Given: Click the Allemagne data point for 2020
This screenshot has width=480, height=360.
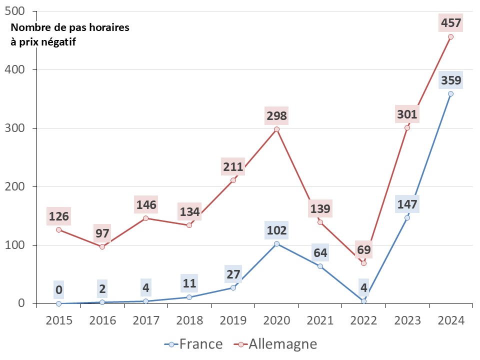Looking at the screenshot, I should (x=276, y=129).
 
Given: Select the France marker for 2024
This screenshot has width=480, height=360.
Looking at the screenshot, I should (x=450, y=93).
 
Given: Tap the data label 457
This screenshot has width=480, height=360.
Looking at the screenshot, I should (x=450, y=22).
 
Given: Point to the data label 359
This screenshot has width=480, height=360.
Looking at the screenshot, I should (x=450, y=80).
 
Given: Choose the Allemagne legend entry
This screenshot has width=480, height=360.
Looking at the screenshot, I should (x=275, y=344).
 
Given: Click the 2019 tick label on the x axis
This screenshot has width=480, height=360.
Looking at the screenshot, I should (x=233, y=320).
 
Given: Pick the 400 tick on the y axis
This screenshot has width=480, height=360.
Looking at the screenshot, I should (x=20, y=69).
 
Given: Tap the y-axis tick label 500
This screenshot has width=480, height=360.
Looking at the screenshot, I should (x=20, y=11).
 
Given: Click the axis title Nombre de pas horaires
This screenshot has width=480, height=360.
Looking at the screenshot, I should (x=69, y=27).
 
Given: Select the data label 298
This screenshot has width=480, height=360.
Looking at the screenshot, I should (x=276, y=116).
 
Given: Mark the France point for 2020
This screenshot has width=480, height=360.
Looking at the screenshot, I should (x=276, y=243).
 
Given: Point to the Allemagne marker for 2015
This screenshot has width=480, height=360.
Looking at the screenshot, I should (x=59, y=229).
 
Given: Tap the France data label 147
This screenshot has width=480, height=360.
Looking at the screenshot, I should (x=407, y=204).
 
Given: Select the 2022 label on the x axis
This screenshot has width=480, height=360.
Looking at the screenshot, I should (x=363, y=320).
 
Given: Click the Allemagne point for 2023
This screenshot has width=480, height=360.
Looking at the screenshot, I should (x=407, y=127).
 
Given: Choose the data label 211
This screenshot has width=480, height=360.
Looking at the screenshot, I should (x=233, y=166).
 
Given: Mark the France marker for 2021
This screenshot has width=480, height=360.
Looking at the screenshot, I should (x=320, y=266).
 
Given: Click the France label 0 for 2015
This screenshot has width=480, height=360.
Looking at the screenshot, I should (x=59, y=290).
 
